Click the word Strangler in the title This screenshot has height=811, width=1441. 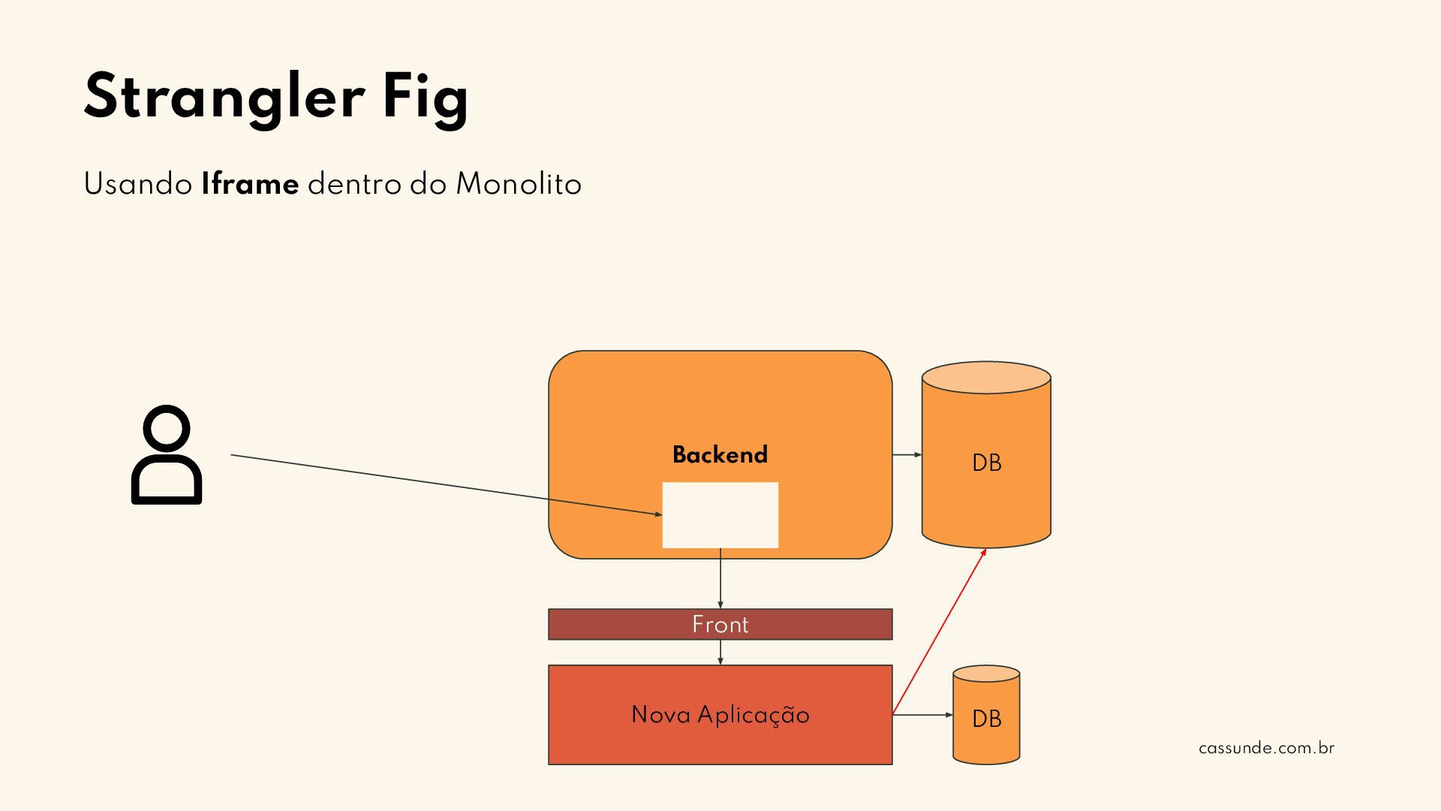pyautogui.click(x=224, y=98)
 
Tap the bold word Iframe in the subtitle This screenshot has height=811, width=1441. pyautogui.click(x=250, y=185)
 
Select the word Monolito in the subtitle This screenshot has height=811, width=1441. pyautogui.click(x=519, y=185)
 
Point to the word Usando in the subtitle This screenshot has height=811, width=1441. pyautogui.click(x=138, y=185)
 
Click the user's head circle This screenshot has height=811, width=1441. pyautogui.click(x=167, y=430)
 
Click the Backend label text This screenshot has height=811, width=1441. pyautogui.click(x=720, y=455)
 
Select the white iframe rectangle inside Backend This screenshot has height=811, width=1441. pyautogui.click(x=720, y=515)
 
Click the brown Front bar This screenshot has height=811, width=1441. pyautogui.click(x=720, y=625)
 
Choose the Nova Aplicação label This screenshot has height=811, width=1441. pyautogui.click(x=720, y=715)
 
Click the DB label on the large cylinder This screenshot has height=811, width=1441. pyautogui.click(x=986, y=463)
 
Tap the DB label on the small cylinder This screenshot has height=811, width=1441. pyautogui.click(x=986, y=719)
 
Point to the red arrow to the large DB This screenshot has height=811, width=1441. pyautogui.click(x=939, y=632)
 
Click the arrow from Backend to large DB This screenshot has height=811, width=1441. pyautogui.click(x=907, y=455)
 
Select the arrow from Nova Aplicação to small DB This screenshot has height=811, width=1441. pyautogui.click(x=922, y=715)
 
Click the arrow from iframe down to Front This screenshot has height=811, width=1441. pyautogui.click(x=720, y=578)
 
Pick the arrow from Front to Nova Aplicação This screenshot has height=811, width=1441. pyautogui.click(x=720, y=653)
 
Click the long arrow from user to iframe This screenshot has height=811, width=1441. pyautogui.click(x=447, y=484)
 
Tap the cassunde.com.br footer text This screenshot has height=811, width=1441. pyautogui.click(x=1266, y=749)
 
